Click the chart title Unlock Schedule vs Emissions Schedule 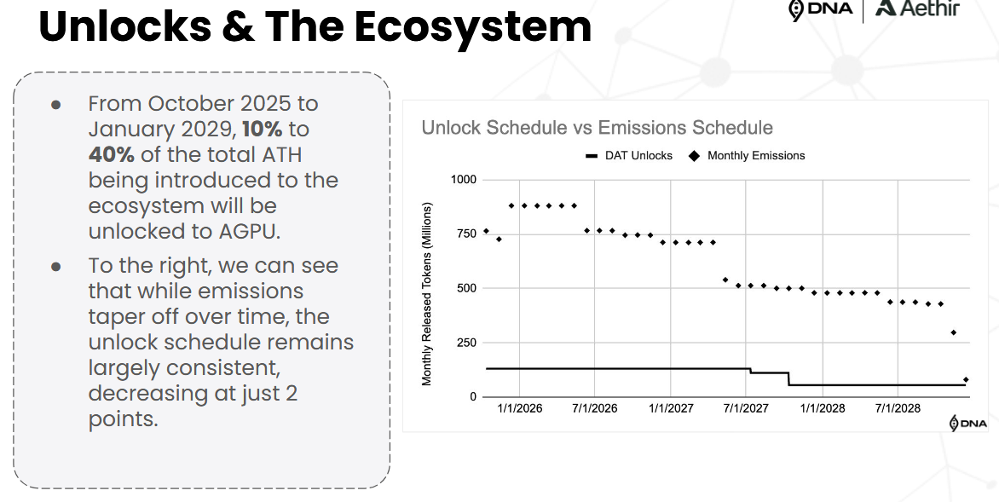click(x=597, y=128)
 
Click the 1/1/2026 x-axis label click(x=519, y=409)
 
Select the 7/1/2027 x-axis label click(x=746, y=409)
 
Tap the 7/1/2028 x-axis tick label click(x=898, y=409)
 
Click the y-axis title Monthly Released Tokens click(x=427, y=293)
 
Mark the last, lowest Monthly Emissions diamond click(x=966, y=380)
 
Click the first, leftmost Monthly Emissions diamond click(x=486, y=231)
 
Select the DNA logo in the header click(x=821, y=9)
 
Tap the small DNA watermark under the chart click(x=968, y=424)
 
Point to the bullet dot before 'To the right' click(x=56, y=266)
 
